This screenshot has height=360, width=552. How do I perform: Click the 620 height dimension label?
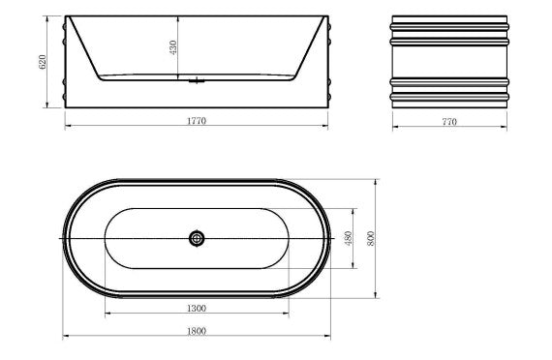[43, 62]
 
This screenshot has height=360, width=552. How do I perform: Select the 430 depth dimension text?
[173, 47]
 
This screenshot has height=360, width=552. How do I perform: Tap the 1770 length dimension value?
[197, 121]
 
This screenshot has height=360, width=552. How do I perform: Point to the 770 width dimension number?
[449, 122]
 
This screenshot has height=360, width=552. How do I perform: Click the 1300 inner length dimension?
[197, 309]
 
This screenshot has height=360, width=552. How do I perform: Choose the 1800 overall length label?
[197, 331]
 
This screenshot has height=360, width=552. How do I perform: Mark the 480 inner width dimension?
[349, 238]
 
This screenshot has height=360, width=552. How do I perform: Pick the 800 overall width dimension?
[371, 238]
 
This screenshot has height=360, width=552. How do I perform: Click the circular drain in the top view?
[197, 239]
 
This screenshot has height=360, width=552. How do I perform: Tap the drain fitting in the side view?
[197, 81]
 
